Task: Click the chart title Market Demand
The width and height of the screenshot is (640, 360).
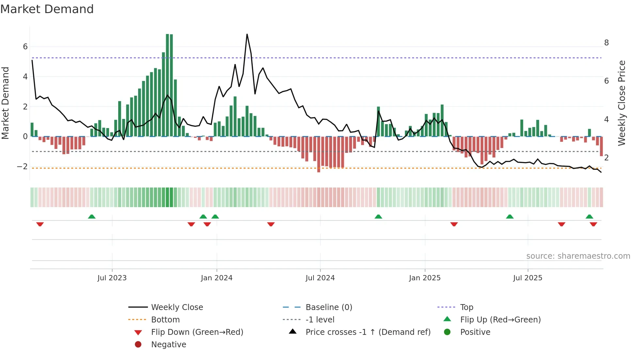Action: point(47,9)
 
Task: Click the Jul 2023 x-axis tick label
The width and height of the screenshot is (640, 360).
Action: point(112,278)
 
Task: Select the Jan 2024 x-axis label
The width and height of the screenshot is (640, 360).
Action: point(216,278)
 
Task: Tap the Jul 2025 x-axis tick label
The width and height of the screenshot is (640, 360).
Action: point(528,278)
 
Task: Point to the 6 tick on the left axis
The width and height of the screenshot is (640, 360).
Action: point(25,47)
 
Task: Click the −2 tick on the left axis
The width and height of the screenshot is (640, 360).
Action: point(23,167)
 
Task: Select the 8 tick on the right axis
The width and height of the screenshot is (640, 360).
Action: point(606,43)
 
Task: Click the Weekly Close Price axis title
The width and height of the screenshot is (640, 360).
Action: point(622,103)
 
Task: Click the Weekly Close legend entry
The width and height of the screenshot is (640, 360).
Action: point(177,307)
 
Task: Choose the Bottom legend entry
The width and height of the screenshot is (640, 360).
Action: point(165,320)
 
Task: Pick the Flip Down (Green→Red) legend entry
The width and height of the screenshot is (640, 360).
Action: point(197,332)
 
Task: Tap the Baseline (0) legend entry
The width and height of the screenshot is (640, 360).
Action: point(328,307)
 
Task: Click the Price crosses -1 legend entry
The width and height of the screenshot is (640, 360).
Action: point(368,332)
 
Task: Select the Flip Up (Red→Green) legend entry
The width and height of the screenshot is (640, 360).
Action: point(500,320)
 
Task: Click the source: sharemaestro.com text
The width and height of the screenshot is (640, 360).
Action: point(578,256)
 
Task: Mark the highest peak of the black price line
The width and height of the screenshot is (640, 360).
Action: point(247,34)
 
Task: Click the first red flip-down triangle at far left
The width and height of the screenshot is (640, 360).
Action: point(40,224)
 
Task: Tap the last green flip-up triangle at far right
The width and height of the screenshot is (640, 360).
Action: point(589,217)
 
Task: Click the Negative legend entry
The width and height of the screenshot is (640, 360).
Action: point(168,345)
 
